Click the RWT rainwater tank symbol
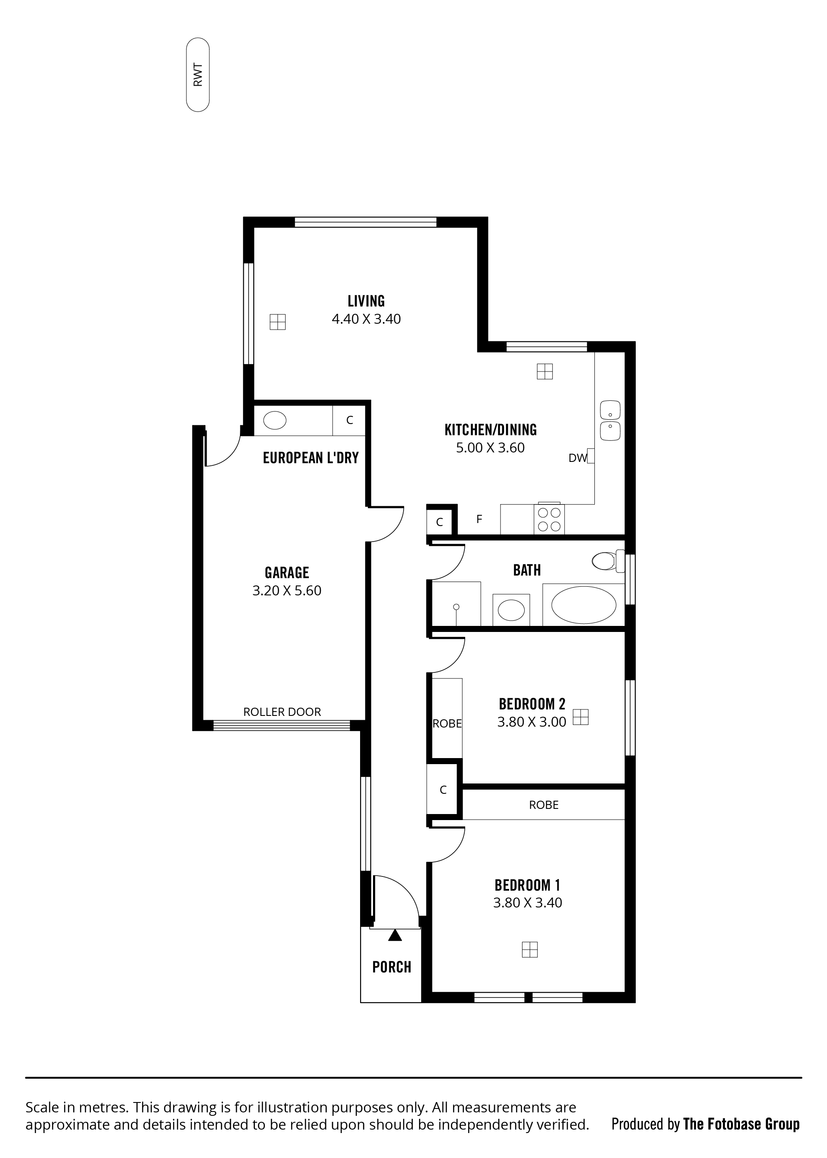click(x=198, y=74)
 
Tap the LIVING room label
click(x=366, y=301)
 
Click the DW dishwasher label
click(x=578, y=458)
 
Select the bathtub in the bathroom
click(x=584, y=605)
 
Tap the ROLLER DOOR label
click(x=282, y=712)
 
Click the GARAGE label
click(x=287, y=573)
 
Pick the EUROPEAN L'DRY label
click(x=311, y=458)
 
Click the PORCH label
click(x=392, y=967)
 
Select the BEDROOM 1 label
click(x=527, y=885)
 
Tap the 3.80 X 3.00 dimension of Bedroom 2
click(x=532, y=722)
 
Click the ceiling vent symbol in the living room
click(x=277, y=322)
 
